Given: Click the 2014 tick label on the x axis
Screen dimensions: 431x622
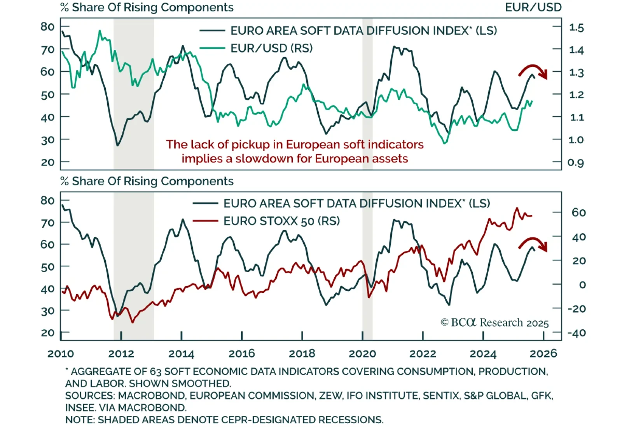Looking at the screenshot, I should [x=181, y=354].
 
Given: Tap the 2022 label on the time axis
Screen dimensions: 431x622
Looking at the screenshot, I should [x=423, y=354].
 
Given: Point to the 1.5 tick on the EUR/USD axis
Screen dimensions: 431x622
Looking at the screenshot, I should [x=576, y=28].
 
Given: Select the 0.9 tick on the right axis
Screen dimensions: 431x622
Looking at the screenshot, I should [x=575, y=162].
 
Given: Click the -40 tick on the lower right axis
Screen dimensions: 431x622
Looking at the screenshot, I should [x=576, y=333].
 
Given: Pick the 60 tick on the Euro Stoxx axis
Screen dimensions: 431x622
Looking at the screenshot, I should [x=578, y=213].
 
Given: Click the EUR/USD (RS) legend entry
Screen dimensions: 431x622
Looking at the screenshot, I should [x=271, y=48].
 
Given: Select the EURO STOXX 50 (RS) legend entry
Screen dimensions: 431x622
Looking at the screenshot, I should [x=281, y=221].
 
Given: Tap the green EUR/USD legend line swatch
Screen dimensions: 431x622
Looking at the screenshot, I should [x=212, y=48].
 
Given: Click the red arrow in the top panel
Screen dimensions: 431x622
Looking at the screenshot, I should [x=533, y=71].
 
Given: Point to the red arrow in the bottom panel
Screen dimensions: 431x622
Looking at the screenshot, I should [x=533, y=243].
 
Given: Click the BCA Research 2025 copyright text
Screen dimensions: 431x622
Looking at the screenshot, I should [x=494, y=323].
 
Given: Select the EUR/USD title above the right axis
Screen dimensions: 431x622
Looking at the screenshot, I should [x=533, y=7].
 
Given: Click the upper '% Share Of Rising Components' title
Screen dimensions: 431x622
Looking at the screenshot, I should [x=147, y=7].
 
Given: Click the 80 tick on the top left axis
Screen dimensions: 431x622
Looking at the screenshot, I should [x=47, y=26].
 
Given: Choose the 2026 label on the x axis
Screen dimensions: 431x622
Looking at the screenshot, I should [x=543, y=354].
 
